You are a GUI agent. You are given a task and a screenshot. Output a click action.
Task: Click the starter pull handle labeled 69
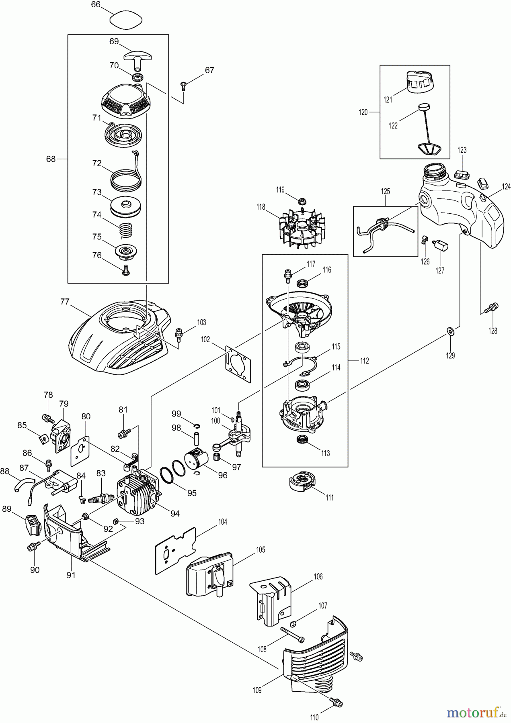[137, 57]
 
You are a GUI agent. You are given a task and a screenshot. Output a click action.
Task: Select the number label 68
[51, 159]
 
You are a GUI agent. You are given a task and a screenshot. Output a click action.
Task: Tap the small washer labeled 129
[449, 331]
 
